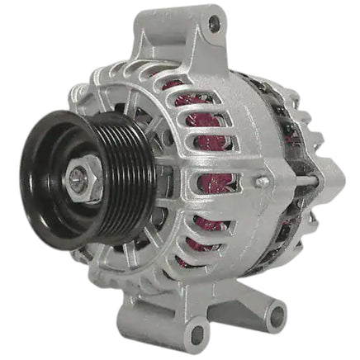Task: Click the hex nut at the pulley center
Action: click(x=82, y=178)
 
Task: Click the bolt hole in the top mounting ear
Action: click(x=214, y=26)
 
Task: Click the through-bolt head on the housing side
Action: click(x=262, y=181)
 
